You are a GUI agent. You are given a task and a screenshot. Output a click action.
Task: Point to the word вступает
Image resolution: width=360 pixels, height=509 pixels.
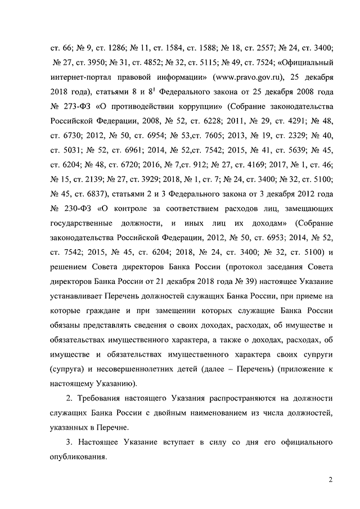pyautogui.click(x=171, y=443)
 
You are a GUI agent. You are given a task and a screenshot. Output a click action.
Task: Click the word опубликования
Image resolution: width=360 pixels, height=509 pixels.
pyautogui.click(x=80, y=457)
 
